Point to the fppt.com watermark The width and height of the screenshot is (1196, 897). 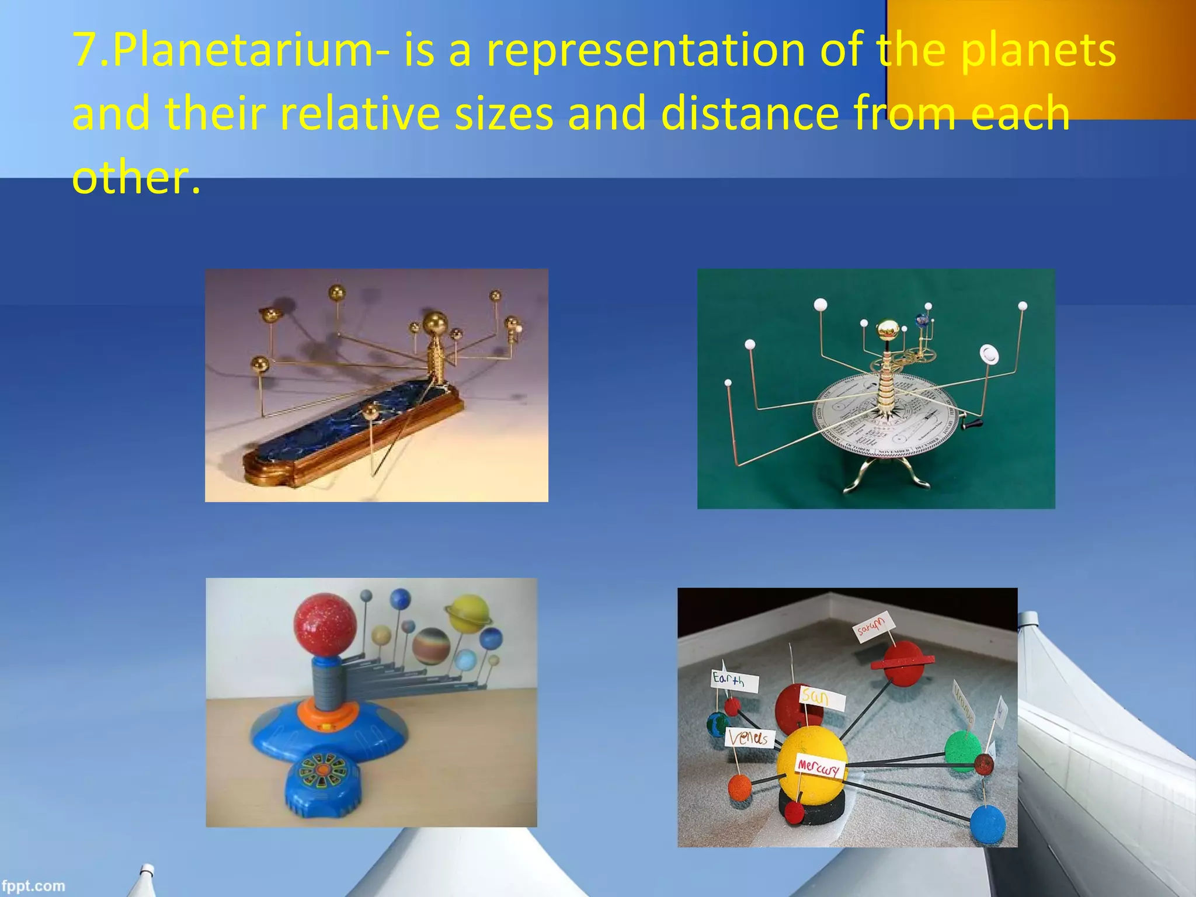[33, 885]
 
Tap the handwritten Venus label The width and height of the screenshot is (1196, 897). [750, 738]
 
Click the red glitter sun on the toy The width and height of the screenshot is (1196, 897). [325, 624]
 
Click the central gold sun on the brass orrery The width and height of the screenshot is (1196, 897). [435, 322]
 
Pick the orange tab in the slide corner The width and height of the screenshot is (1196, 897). [1039, 58]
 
